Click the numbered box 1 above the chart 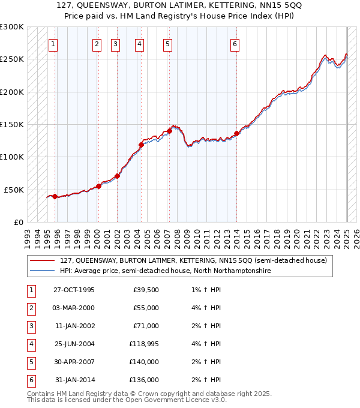click(53, 44)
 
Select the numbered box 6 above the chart click(235, 44)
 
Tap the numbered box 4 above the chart click(139, 44)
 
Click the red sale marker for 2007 click(169, 131)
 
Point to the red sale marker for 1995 click(55, 196)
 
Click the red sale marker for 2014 click(236, 134)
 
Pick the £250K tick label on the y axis click(12, 59)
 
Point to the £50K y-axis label click(14, 190)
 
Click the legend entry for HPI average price click(165, 271)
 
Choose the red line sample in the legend click(42, 261)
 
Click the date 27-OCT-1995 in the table click(74, 290)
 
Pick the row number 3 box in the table click(30, 326)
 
